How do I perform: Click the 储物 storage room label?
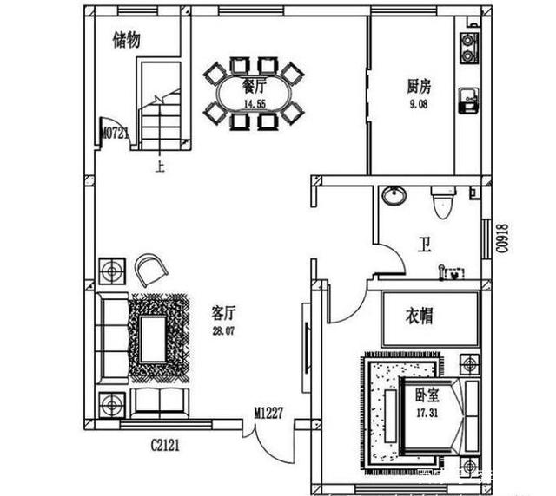(x=127, y=40)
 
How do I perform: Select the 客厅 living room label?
(x=225, y=311)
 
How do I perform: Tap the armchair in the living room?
(x=154, y=270)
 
